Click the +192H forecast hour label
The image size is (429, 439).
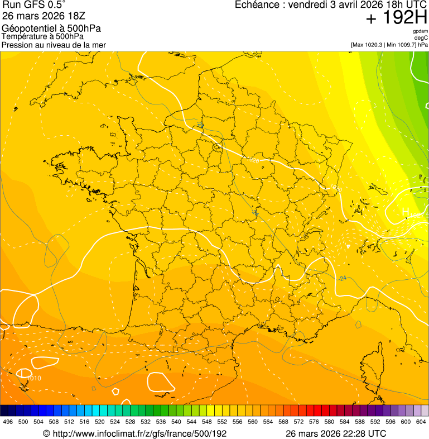coord(397,18)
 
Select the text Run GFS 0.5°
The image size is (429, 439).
coord(34,6)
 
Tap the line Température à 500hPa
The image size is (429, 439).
coord(42,36)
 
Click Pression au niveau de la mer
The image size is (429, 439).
coord(54,45)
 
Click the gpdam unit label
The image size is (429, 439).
coord(420,31)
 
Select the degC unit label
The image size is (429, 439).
coord(421,38)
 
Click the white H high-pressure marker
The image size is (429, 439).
coord(406,212)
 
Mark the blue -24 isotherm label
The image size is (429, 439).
coord(342,278)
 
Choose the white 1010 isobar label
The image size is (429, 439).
coord(34,378)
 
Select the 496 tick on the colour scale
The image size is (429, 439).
coord(8,422)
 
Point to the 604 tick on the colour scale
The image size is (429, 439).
coord(421,422)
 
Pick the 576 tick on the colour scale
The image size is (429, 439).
coord(314,422)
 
